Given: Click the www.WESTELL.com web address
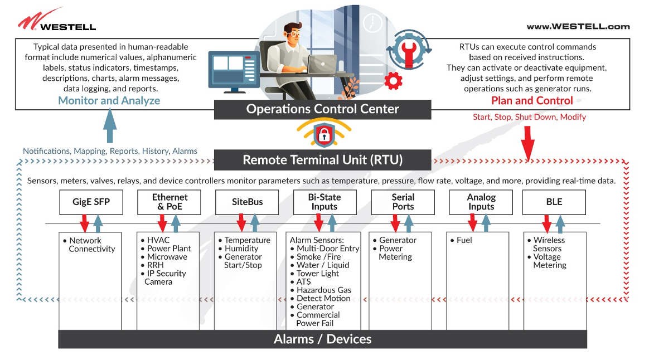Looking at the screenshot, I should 578,26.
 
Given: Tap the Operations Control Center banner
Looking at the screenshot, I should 322,109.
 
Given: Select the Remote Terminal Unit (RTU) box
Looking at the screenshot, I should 322,160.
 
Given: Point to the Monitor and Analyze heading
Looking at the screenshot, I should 109,101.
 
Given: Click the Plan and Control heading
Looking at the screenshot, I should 531,101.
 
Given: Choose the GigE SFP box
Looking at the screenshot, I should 91,202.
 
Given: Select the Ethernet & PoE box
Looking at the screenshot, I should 169,202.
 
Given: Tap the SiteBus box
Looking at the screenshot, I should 247,202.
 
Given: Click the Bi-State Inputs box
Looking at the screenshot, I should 324,202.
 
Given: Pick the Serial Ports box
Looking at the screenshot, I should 403,202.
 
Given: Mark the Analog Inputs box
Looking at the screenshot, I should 481,202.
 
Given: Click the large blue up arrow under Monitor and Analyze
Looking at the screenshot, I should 110,126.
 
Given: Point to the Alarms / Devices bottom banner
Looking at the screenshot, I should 322,339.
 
